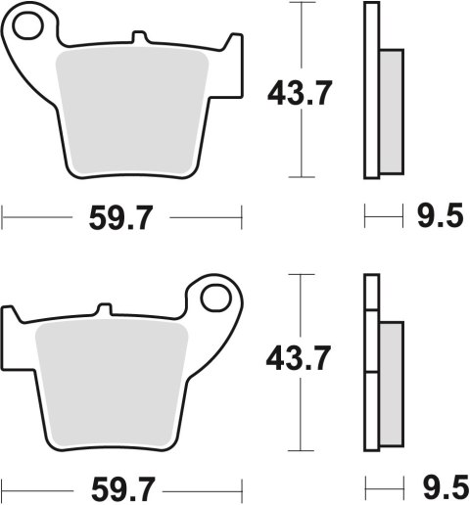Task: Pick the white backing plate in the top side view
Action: (x=371, y=93)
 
